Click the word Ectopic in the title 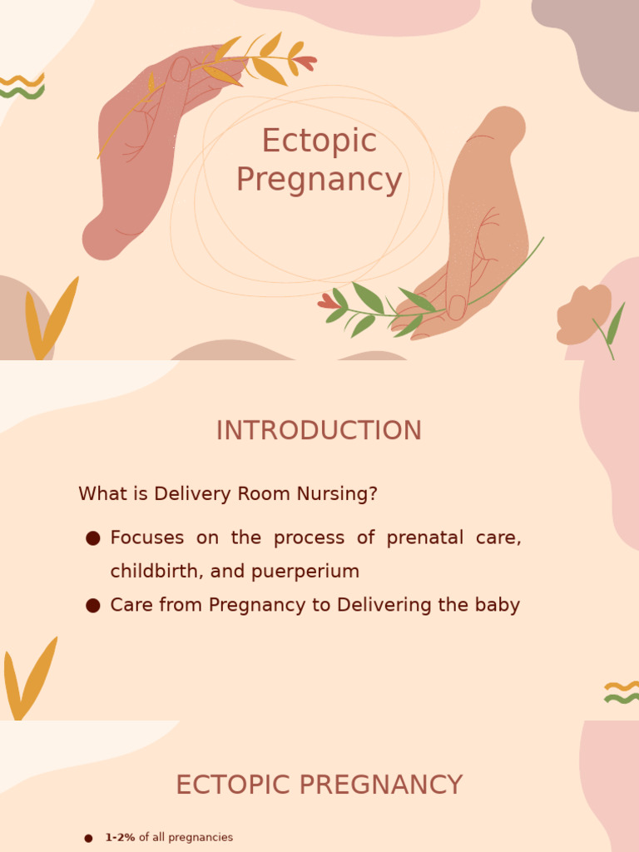click(319, 141)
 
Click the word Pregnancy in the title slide click(319, 181)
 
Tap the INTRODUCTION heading click(319, 431)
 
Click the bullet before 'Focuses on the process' click(93, 538)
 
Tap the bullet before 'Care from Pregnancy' click(93, 606)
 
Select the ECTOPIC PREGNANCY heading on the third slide click(319, 785)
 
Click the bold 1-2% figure click(120, 838)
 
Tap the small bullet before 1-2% click(88, 839)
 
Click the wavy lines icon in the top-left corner click(22, 86)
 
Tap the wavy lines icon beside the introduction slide click(621, 692)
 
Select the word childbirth click(147, 572)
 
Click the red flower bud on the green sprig click(328, 303)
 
